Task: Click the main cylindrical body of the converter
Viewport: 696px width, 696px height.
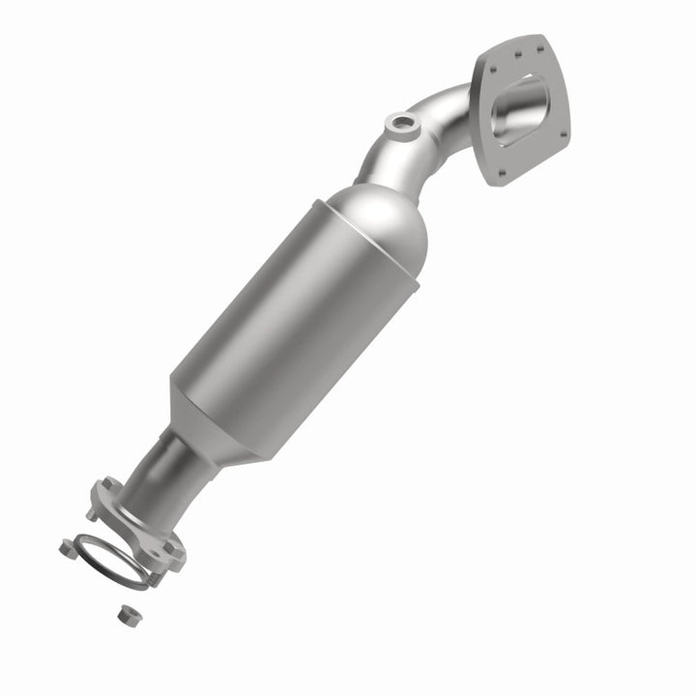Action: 290,319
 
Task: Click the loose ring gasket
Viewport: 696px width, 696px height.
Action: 111,561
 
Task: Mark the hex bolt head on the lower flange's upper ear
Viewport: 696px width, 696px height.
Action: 109,485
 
